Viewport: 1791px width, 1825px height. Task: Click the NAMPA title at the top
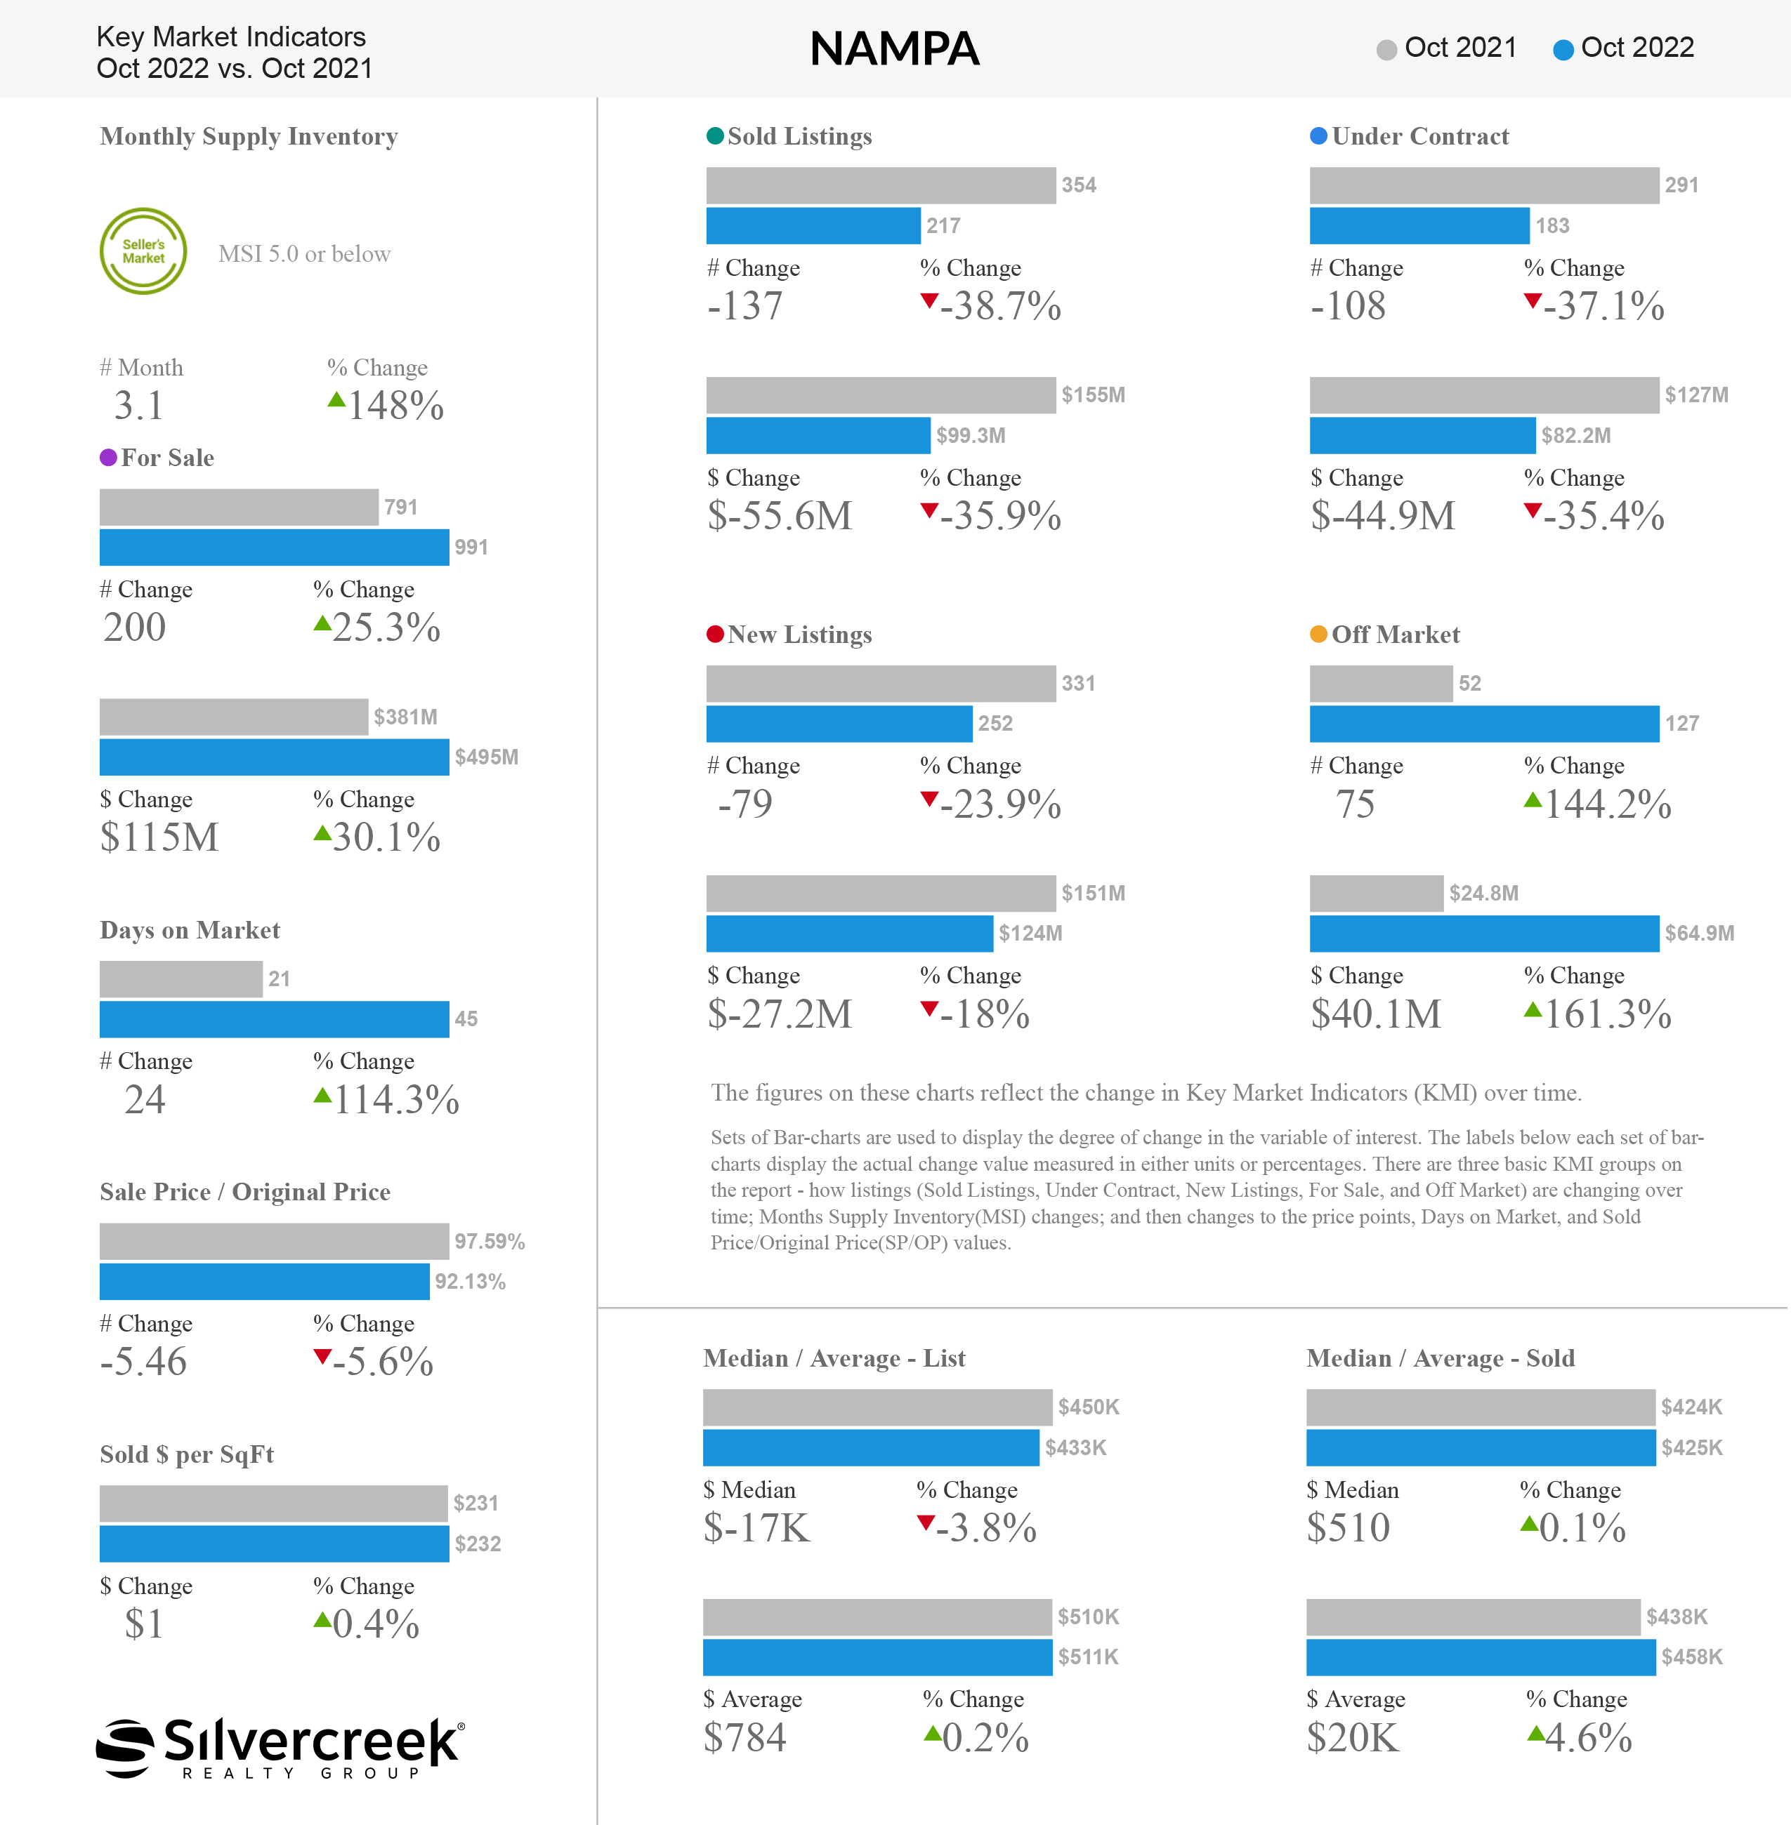tap(895, 49)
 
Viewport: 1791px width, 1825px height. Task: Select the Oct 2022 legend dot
tap(1563, 50)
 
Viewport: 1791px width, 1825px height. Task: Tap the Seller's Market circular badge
tap(143, 251)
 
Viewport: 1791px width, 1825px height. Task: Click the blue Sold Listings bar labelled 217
tap(813, 225)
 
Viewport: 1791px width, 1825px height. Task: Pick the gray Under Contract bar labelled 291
tap(1483, 185)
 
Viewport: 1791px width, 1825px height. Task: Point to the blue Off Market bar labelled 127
tap(1483, 724)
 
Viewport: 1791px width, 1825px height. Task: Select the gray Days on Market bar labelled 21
tap(181, 978)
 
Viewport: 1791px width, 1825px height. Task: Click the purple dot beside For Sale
tap(108, 458)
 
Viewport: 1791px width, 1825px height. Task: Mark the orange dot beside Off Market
tap(1319, 635)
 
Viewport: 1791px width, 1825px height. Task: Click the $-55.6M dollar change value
tap(780, 516)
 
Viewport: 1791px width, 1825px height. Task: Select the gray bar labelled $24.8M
tap(1376, 894)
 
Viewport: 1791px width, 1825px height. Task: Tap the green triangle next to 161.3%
tap(1533, 1010)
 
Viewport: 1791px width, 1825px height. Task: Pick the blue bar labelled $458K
tap(1481, 1657)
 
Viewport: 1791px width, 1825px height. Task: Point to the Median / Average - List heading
tap(834, 1359)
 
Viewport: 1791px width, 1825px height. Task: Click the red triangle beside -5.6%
tap(322, 1357)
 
